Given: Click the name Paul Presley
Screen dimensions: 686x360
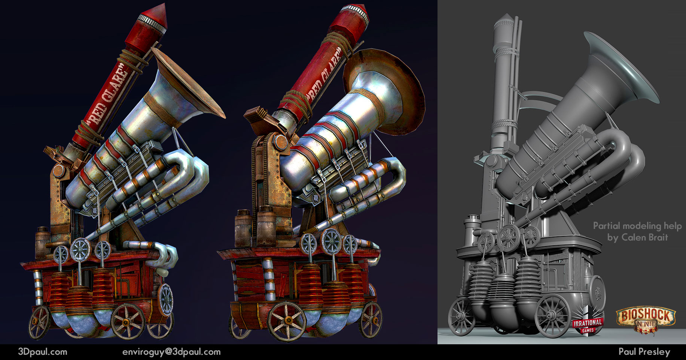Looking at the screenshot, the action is point(644,352).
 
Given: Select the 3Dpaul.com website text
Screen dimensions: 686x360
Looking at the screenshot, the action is point(43,352).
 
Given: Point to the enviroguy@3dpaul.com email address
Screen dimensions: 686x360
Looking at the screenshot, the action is point(171,352).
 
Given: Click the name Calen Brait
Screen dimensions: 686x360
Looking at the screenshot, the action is point(637,238).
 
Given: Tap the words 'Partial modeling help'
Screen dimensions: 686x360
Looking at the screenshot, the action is point(637,226).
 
